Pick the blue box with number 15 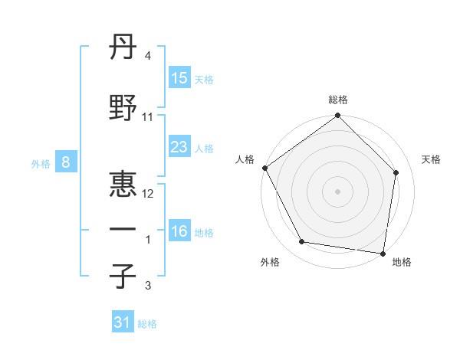[x=179, y=77]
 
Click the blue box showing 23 [x=179, y=147]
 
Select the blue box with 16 [x=179, y=231]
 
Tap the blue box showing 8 [x=66, y=162]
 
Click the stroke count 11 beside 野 [x=148, y=117]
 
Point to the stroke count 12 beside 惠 [x=149, y=194]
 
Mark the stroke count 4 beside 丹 [x=147, y=57]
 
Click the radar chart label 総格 [x=337, y=100]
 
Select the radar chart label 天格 [x=431, y=159]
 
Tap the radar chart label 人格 [x=245, y=159]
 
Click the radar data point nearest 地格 [x=383, y=253]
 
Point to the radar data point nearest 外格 [x=301, y=242]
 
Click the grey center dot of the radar [x=337, y=191]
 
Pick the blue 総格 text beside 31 [x=147, y=324]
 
